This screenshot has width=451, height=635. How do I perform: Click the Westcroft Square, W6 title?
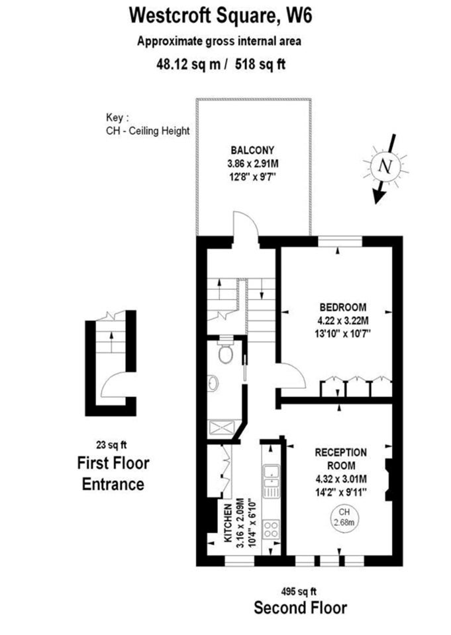(x=221, y=16)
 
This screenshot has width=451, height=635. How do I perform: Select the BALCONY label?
(x=252, y=150)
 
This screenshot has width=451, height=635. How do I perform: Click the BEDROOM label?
(x=342, y=307)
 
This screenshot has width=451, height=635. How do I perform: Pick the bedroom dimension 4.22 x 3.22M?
(x=342, y=321)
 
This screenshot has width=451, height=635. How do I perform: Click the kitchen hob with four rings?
(x=270, y=529)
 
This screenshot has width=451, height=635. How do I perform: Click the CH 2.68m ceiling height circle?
(x=344, y=517)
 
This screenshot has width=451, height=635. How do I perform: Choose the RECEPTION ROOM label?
(x=340, y=459)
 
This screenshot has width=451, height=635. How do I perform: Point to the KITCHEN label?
(x=228, y=523)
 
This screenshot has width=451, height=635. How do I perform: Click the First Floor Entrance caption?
(x=113, y=474)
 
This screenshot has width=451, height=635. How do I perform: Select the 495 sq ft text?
(x=299, y=591)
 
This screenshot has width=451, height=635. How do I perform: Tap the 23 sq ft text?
(x=111, y=445)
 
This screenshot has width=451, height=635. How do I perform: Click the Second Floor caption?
(x=300, y=608)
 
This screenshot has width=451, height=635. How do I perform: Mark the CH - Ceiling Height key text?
(x=148, y=131)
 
